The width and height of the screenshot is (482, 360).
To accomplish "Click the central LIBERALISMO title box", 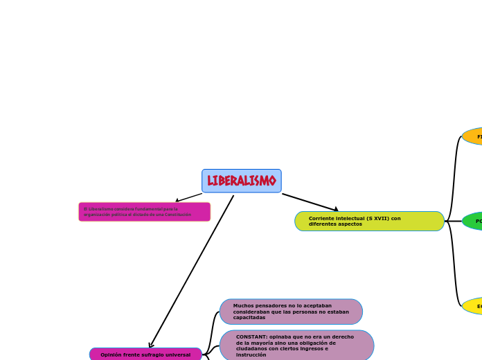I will (241, 181).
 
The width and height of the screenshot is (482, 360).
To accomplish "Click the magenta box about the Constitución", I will (144, 212).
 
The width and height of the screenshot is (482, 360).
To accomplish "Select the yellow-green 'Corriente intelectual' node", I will (369, 221).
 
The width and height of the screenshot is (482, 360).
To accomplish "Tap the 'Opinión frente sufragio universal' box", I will (145, 354).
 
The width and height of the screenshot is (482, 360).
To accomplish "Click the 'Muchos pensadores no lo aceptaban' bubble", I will (291, 312).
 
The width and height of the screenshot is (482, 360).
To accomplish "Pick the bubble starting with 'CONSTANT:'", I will (296, 345).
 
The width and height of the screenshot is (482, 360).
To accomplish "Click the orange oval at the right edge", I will (474, 136).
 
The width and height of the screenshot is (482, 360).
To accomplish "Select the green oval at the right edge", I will (474, 222).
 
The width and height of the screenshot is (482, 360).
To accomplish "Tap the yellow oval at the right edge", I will (474, 306).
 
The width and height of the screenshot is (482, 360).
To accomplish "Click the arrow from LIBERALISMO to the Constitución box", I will (188, 197).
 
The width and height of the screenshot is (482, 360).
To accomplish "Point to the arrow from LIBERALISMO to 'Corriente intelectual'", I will (310, 201).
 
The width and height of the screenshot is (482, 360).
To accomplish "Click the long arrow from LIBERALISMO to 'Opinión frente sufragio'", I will (192, 271).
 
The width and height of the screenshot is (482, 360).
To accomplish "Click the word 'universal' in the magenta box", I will (177, 354).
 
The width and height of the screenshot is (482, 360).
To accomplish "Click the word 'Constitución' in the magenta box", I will (178, 215).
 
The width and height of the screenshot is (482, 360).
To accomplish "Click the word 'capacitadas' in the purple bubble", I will (249, 318).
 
